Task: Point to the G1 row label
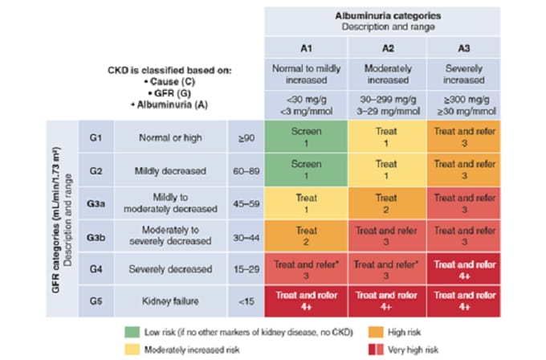95,137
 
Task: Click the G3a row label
95,202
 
